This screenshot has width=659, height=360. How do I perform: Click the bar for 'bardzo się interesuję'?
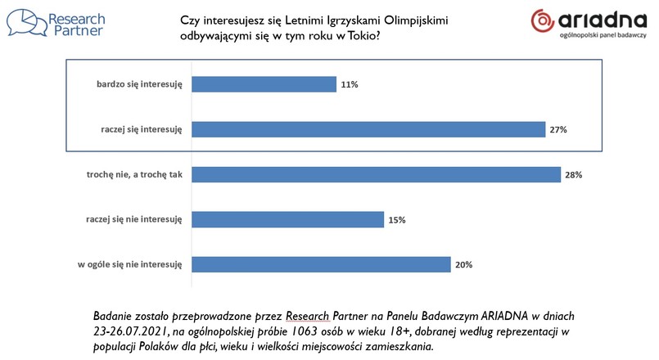[264, 84]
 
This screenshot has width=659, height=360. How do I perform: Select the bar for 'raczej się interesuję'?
[368, 129]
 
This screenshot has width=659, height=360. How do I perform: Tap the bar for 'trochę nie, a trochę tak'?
[376, 174]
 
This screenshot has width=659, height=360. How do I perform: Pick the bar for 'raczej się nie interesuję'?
[287, 219]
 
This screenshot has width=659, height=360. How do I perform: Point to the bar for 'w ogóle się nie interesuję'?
[321, 264]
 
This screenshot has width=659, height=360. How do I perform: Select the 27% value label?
[559, 129]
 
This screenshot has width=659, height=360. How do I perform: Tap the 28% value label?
[575, 174]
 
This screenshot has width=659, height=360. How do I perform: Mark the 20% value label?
[464, 264]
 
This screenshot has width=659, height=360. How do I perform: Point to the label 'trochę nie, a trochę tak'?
[133, 174]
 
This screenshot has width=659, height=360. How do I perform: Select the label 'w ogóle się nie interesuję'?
[129, 264]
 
